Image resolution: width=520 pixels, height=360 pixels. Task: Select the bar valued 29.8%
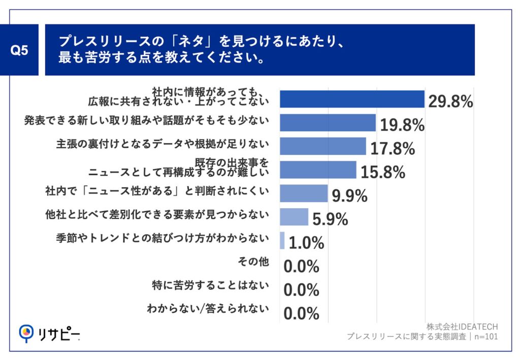click(x=352, y=99)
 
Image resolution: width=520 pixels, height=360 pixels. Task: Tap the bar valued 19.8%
click(x=328, y=123)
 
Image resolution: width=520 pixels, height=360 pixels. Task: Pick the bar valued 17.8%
click(x=322, y=146)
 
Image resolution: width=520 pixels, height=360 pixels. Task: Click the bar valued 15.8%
click(x=318, y=170)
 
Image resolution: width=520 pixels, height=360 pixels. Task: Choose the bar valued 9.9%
click(x=304, y=193)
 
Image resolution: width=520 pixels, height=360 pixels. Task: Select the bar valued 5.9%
click(x=294, y=216)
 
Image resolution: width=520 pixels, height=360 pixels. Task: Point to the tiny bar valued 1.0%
click(x=282, y=240)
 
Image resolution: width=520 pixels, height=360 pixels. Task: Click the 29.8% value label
click(x=450, y=102)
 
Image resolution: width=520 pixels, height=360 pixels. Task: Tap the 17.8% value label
click(x=393, y=148)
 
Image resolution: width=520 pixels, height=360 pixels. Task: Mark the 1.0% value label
click(x=306, y=243)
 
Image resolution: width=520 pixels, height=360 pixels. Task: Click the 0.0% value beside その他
click(x=301, y=266)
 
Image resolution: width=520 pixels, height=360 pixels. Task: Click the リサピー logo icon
click(x=25, y=333)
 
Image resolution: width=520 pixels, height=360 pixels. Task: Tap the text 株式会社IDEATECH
click(x=462, y=326)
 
